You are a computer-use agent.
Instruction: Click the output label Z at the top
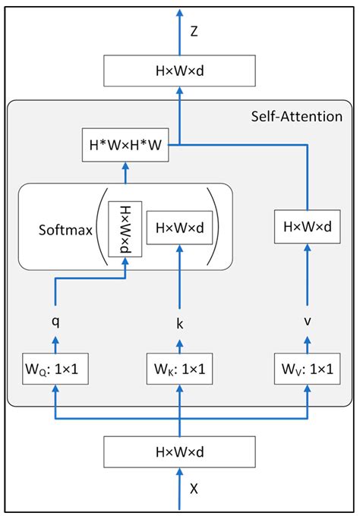pyautogui.click(x=194, y=32)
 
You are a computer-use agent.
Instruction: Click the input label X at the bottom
pyautogui.click(x=194, y=489)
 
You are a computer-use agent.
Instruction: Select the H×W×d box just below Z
pyautogui.click(x=179, y=73)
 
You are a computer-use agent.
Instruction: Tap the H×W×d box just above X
pyautogui.click(x=179, y=451)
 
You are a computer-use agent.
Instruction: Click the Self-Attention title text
pyautogui.click(x=296, y=117)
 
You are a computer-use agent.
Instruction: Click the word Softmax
pyautogui.click(x=64, y=227)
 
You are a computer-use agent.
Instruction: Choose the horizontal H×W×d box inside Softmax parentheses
pyautogui.click(x=179, y=227)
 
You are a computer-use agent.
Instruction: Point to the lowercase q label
pyautogui.click(x=55, y=319)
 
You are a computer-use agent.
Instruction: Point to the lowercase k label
pyautogui.click(x=179, y=324)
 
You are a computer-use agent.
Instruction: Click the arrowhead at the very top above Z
pyautogui.click(x=179, y=11)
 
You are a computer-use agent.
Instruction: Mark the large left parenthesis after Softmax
pyautogui.click(x=100, y=227)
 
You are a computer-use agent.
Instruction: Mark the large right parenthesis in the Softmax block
pyautogui.click(x=217, y=227)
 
